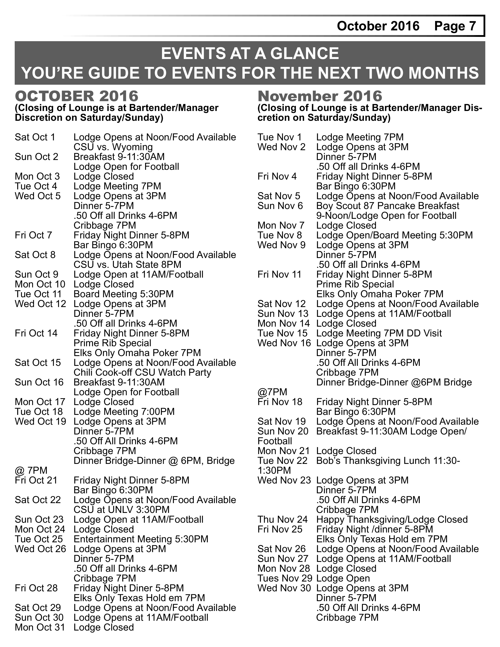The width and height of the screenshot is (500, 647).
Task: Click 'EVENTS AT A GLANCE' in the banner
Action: tap(250, 54)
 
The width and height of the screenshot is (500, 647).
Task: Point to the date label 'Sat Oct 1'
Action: tap(35, 137)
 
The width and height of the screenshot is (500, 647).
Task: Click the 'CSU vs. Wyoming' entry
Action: tap(113, 147)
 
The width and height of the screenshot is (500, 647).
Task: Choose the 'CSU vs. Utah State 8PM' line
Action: tap(127, 264)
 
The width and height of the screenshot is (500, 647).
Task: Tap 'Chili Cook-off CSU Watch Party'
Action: tap(142, 372)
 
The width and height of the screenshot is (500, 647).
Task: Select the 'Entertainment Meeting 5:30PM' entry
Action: tap(141, 539)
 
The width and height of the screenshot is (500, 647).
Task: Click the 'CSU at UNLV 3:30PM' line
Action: tap(121, 510)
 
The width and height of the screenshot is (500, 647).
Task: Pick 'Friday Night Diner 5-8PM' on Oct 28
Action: tap(129, 588)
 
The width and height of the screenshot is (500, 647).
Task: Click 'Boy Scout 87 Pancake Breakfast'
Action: tap(387, 206)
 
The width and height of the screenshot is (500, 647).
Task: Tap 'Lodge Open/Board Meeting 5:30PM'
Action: tap(394, 235)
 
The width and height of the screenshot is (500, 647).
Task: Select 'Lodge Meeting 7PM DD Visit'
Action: tap(379, 333)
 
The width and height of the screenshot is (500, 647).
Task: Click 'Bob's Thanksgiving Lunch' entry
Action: tap(388, 461)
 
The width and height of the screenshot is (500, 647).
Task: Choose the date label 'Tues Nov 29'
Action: tap(285, 578)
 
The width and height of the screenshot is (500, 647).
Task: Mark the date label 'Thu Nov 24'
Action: tap(283, 519)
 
